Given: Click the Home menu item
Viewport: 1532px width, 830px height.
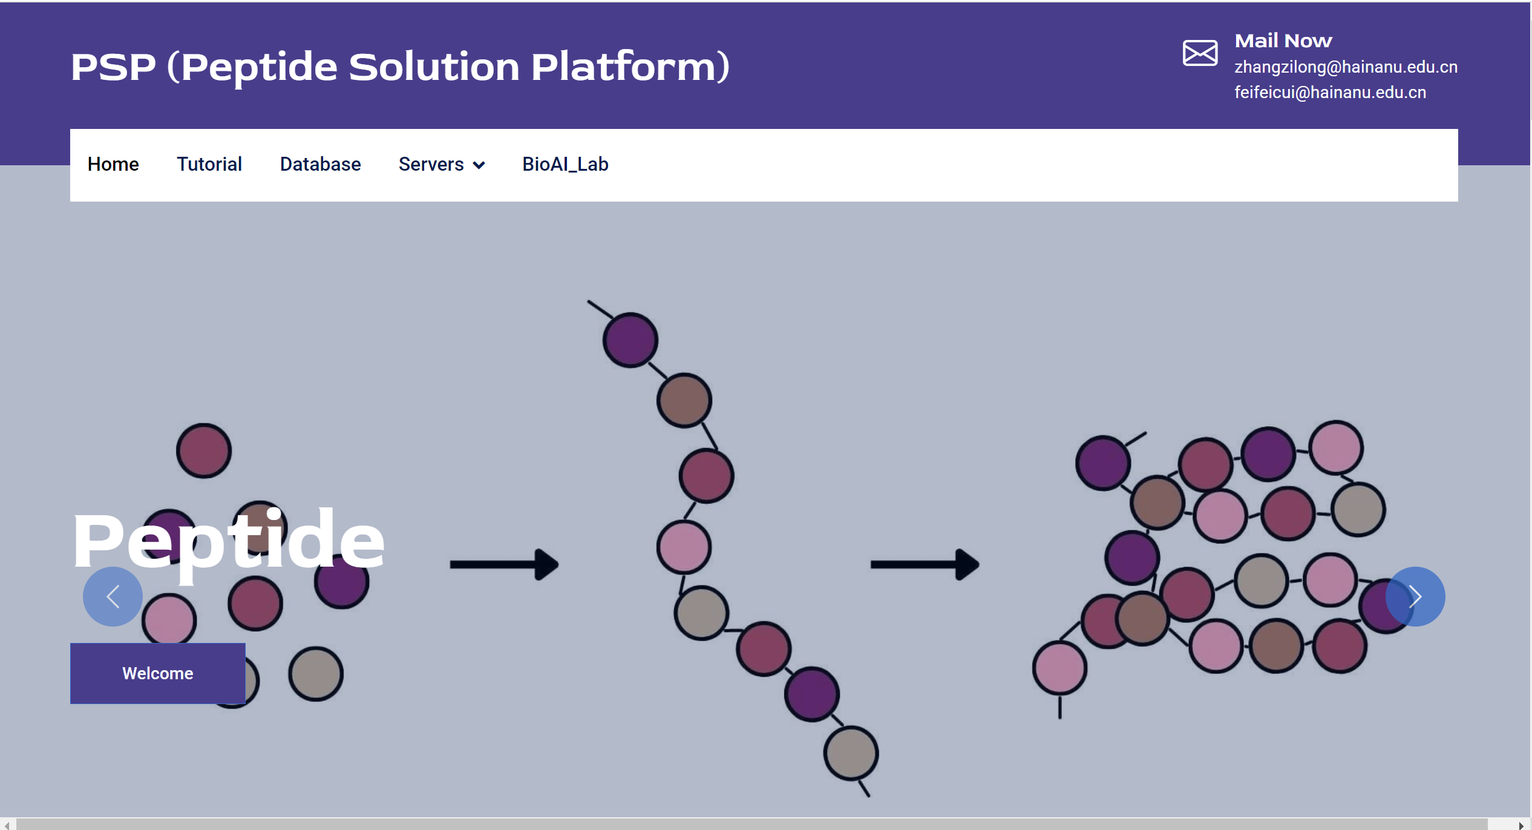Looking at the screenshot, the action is [x=113, y=164].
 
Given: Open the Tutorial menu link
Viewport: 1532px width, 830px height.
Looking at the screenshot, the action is [x=209, y=164].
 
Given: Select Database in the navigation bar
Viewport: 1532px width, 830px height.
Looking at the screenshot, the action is [x=320, y=164].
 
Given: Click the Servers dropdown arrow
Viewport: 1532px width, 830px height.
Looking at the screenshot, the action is [x=479, y=165].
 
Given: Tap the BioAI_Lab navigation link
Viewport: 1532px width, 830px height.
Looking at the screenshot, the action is [x=565, y=164].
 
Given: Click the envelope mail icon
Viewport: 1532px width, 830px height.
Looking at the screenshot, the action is [x=1200, y=53].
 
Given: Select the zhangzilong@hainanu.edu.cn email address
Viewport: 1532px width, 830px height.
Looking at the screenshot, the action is [x=1346, y=67].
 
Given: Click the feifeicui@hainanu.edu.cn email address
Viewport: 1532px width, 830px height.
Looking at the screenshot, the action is [x=1330, y=92].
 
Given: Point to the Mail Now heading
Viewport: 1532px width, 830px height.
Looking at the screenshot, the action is [x=1283, y=41].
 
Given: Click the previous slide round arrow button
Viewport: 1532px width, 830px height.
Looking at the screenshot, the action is [x=113, y=596].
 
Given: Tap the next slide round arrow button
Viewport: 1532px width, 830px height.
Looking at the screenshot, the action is [x=1415, y=596].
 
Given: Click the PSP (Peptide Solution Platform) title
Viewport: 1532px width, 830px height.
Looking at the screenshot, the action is [x=400, y=67].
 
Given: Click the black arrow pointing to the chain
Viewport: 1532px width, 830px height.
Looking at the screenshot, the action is [x=504, y=564].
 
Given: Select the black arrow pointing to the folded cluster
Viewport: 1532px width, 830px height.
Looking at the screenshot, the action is [x=925, y=564].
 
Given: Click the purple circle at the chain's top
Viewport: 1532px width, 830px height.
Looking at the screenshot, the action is [x=630, y=340].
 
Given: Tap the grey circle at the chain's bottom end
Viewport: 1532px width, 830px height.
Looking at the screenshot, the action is [x=851, y=753].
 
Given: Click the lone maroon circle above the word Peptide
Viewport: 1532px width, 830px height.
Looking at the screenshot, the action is [x=204, y=450].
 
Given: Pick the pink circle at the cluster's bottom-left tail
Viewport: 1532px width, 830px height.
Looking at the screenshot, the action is [x=1059, y=668].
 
